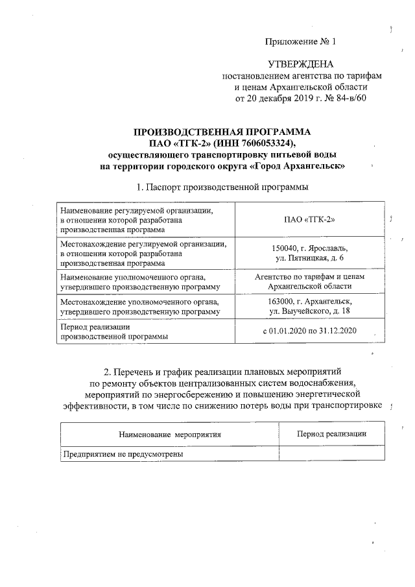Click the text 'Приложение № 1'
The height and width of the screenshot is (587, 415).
point(302,42)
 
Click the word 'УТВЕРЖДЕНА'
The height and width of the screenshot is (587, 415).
point(302,65)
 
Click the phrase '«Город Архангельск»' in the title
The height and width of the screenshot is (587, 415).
point(296,167)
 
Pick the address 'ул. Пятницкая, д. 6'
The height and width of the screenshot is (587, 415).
point(309,259)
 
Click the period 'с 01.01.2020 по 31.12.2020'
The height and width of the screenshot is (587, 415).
point(309,331)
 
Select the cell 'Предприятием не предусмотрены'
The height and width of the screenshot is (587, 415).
point(123,455)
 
